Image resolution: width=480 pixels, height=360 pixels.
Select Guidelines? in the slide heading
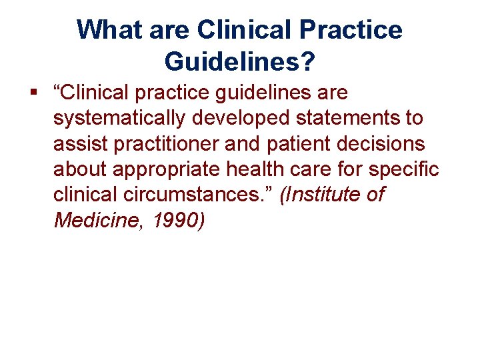[239, 62]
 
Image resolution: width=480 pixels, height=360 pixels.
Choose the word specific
[404, 170]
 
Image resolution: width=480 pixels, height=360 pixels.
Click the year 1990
[177, 221]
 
